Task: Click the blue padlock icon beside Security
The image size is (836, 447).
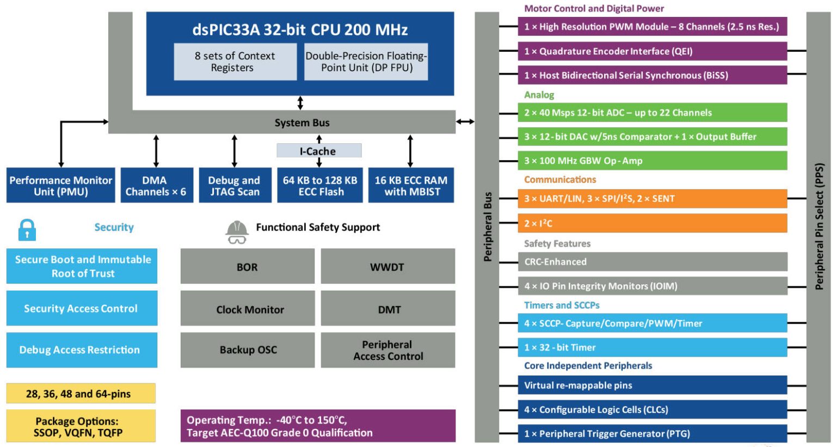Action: (27, 230)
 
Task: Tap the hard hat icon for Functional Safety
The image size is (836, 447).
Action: (237, 232)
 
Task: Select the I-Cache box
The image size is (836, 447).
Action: (319, 151)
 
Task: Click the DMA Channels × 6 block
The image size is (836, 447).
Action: (156, 186)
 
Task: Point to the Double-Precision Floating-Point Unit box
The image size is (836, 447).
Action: (366, 62)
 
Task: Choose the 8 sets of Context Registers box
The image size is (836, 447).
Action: (235, 62)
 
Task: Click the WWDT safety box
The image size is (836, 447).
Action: (388, 267)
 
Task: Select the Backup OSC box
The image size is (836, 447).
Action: (248, 350)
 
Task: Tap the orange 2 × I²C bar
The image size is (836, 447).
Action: (652, 223)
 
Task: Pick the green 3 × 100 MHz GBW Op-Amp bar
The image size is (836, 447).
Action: (652, 161)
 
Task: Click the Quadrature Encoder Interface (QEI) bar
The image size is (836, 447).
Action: (652, 51)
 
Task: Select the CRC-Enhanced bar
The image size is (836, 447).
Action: (652, 262)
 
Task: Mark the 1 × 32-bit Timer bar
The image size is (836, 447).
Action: (652, 347)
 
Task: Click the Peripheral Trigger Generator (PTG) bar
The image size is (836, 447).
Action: (652, 434)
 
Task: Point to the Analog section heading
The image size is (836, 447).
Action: (539, 95)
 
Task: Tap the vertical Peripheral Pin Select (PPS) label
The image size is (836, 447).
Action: (819, 226)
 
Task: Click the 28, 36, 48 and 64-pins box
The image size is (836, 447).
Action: (81, 394)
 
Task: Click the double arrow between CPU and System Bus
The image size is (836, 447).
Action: (300, 103)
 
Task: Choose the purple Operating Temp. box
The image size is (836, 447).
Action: (318, 426)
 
